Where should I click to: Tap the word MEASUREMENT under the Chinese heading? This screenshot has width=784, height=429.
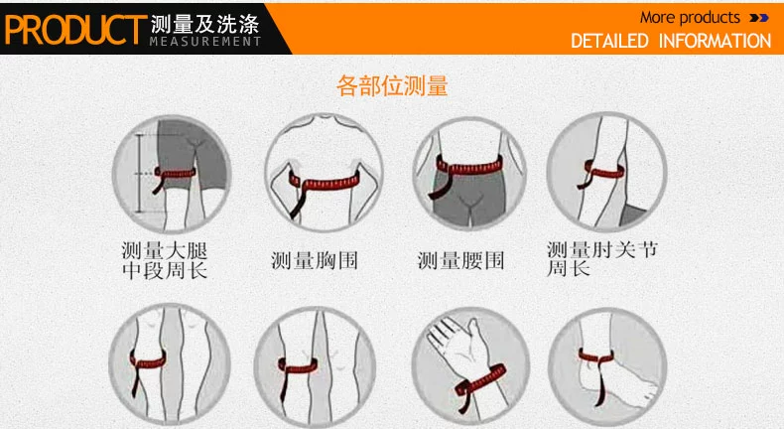[x=205, y=41]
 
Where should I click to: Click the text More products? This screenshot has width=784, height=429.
[x=690, y=18]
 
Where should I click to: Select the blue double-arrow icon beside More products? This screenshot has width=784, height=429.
[x=759, y=18]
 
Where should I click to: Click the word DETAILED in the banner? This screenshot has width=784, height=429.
[x=609, y=41]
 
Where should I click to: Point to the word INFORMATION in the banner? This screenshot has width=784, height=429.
[x=715, y=41]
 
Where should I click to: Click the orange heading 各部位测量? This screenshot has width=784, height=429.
[x=392, y=85]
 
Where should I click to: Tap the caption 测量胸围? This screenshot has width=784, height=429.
[x=314, y=260]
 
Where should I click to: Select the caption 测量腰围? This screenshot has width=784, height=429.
[x=460, y=260]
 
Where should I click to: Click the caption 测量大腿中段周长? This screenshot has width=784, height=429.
[x=165, y=260]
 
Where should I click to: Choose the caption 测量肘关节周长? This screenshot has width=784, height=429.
[x=602, y=258]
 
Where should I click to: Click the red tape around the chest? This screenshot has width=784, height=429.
[x=325, y=182]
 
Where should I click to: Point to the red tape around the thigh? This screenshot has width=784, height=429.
[x=175, y=173]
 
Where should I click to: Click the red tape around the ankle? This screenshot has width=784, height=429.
[x=595, y=356]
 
